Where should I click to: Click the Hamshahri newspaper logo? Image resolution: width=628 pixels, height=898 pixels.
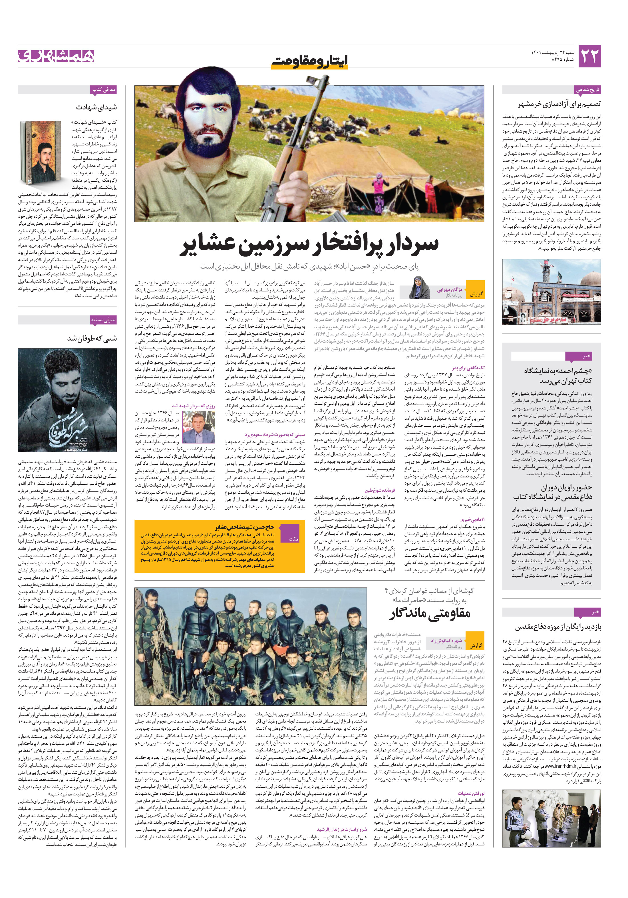pos(56,56)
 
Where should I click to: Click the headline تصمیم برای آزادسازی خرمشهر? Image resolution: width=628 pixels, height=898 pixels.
pos(559,104)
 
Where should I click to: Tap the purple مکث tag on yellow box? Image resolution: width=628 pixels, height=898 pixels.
pos(293,539)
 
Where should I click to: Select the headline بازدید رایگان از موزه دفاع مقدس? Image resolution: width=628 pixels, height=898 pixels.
pos(558,627)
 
